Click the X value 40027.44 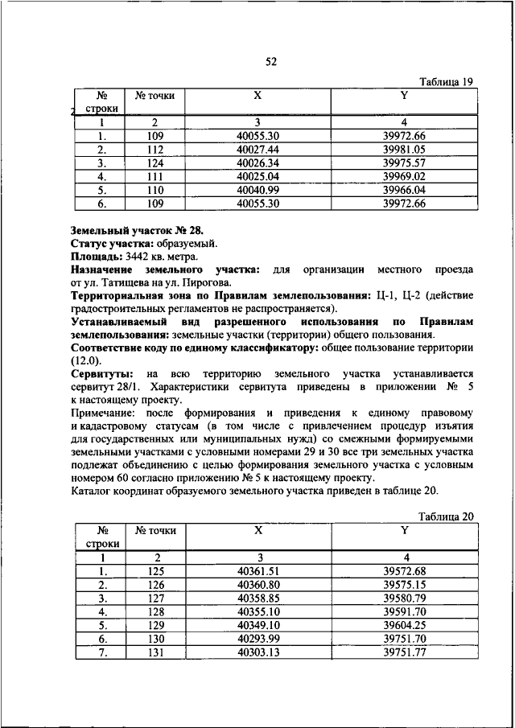(257, 149)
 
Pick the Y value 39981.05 (404, 149)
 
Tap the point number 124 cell (155, 162)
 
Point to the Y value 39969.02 (404, 175)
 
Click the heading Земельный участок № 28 (138, 229)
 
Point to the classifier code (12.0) (86, 360)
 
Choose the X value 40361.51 (257, 571)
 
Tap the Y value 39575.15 (404, 584)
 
